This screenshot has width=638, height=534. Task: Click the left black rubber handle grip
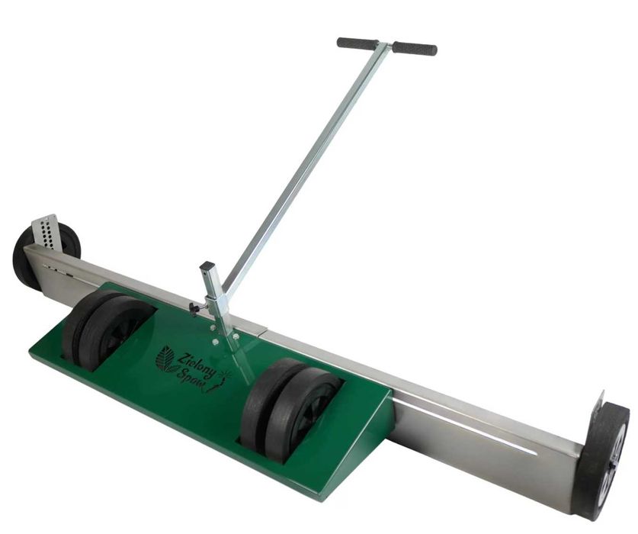(x=357, y=43)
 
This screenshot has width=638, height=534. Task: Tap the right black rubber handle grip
(x=415, y=47)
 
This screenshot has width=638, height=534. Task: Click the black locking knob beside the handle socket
(x=194, y=309)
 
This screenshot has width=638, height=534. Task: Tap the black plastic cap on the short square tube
(x=207, y=266)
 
